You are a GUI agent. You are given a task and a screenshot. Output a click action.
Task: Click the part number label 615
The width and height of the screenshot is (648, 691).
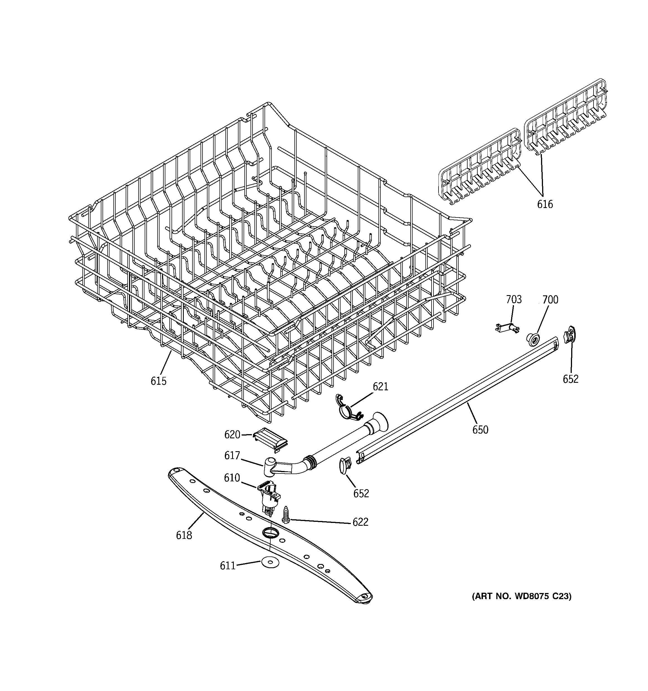158,381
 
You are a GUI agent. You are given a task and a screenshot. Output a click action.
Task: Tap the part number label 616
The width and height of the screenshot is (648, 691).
545,204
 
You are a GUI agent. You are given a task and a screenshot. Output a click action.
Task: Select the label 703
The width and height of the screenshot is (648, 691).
513,299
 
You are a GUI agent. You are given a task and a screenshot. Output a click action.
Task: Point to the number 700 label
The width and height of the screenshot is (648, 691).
550,300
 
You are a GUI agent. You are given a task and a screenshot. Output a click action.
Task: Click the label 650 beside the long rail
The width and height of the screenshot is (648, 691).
480,430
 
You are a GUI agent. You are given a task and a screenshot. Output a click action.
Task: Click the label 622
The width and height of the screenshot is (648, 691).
360,522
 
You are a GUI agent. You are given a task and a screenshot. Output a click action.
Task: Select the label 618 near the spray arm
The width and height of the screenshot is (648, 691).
184,535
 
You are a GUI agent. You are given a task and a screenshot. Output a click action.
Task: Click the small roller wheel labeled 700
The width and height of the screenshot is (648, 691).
533,339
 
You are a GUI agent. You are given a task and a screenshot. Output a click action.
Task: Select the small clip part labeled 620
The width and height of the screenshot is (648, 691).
270,440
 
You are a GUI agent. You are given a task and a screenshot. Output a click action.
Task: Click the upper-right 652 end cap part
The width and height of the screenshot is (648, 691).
570,335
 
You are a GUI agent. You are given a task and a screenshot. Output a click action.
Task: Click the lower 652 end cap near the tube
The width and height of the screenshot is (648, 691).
344,465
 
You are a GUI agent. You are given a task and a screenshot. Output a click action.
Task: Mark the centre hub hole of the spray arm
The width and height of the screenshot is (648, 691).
268,532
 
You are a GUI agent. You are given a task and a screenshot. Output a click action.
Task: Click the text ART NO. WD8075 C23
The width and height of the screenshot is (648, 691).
521,596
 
